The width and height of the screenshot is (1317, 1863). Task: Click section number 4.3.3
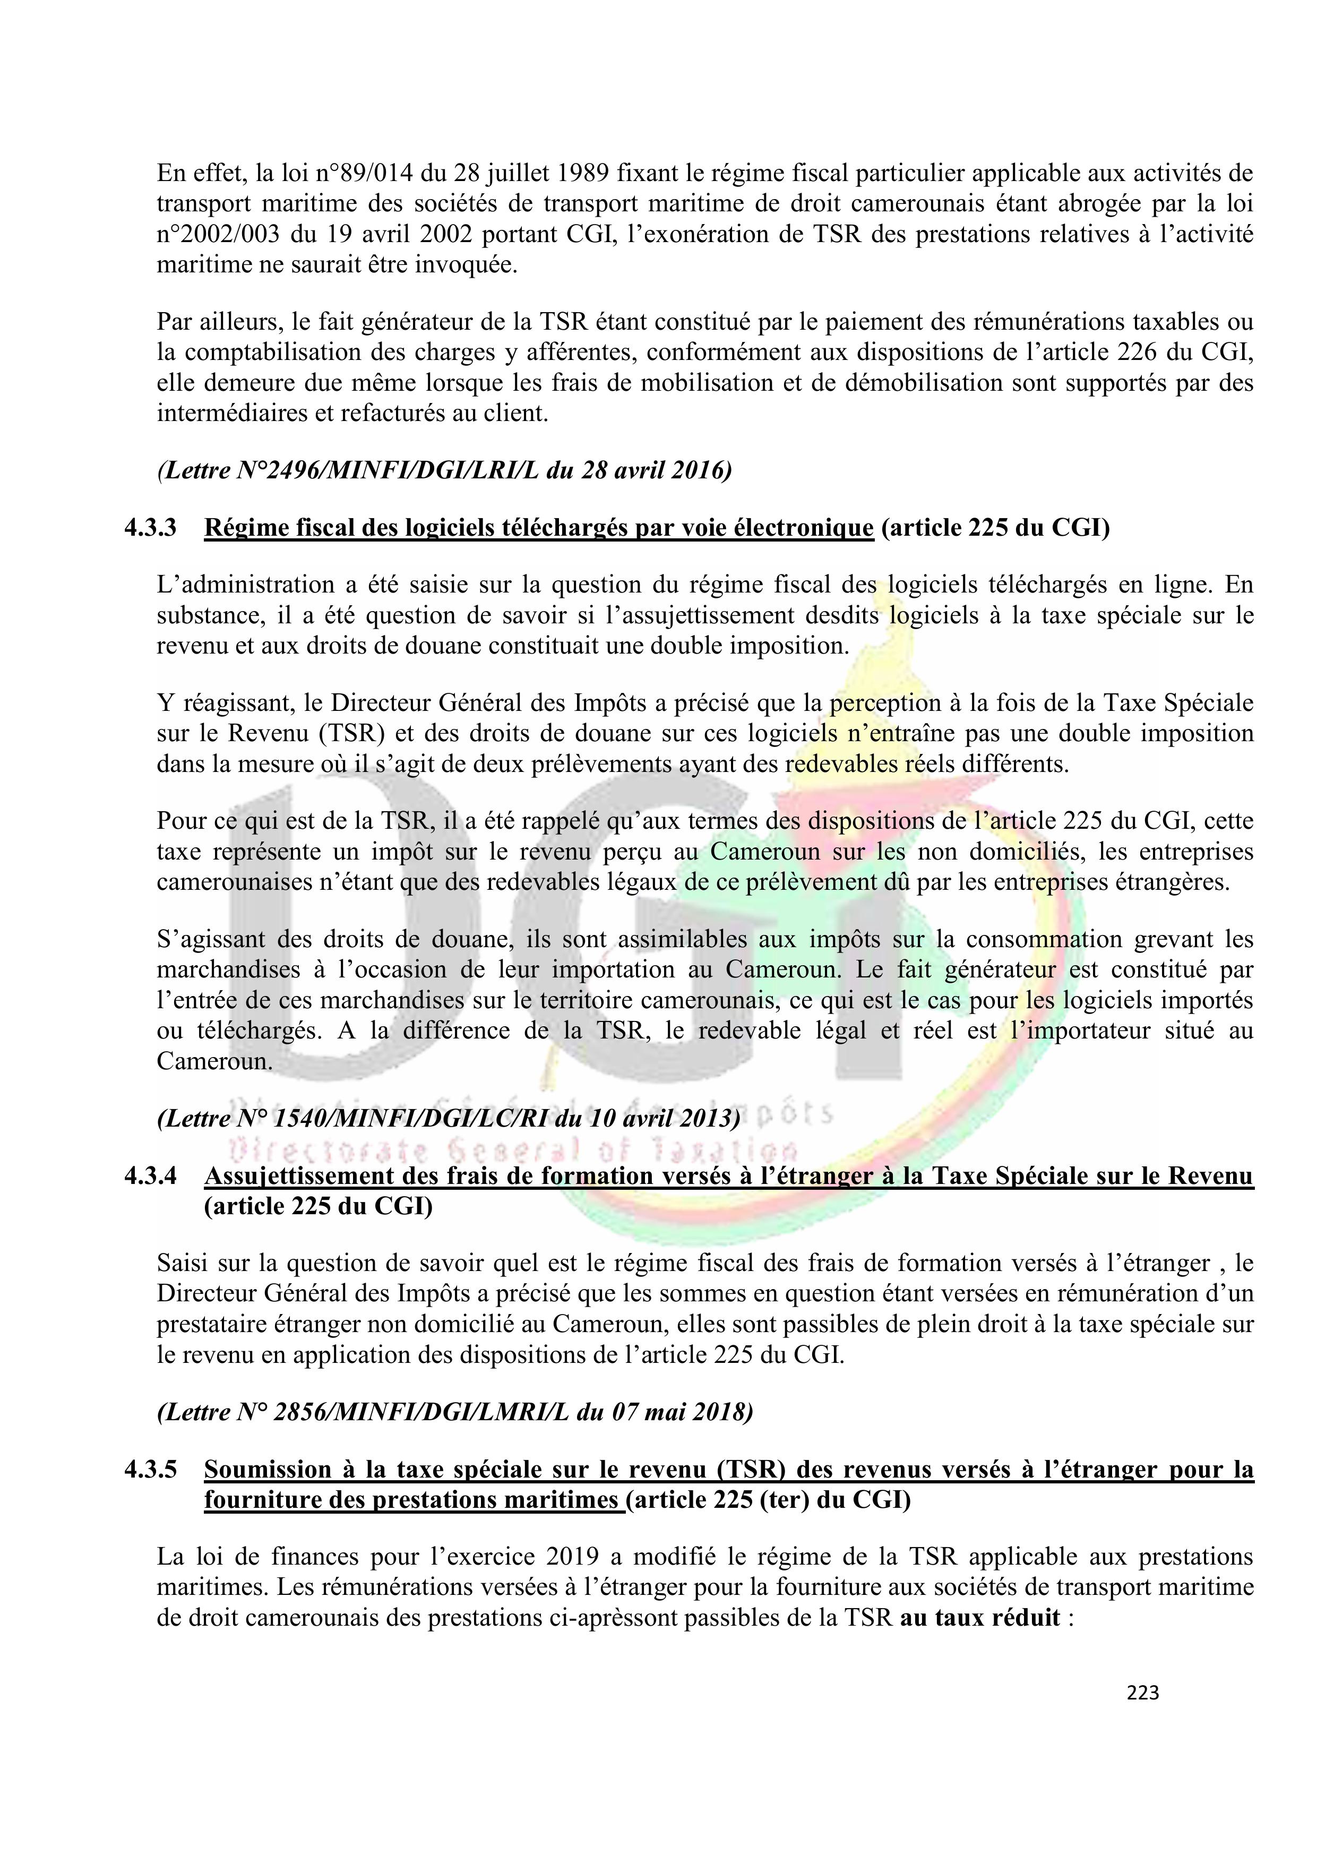click(x=150, y=528)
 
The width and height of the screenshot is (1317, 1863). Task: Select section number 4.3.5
click(x=150, y=1470)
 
